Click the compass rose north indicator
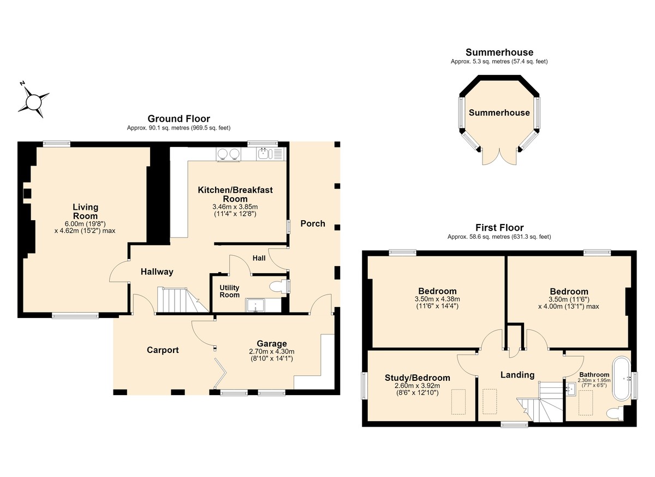pyautogui.click(x=22, y=84)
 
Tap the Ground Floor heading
pyautogui.click(x=178, y=119)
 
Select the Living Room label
pyautogui.click(x=85, y=211)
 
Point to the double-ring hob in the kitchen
pyautogui.click(x=229, y=154)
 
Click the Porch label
pyautogui.click(x=313, y=223)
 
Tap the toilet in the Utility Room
pyautogui.click(x=277, y=286)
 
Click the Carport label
pyautogui.click(x=163, y=350)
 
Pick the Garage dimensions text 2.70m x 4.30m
pyautogui.click(x=272, y=351)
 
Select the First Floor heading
pyautogui.click(x=499, y=227)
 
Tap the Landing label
pyautogui.click(x=517, y=375)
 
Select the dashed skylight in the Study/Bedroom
pyautogui.click(x=458, y=402)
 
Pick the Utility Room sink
pyautogui.click(x=255, y=305)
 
